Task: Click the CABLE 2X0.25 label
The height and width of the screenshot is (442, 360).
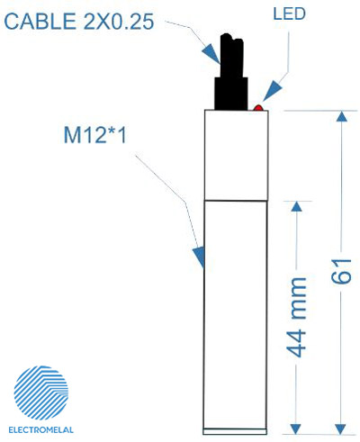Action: pyautogui.click(x=79, y=22)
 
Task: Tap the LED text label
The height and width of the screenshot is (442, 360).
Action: pyautogui.click(x=289, y=14)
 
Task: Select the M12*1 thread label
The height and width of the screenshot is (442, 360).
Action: pyautogui.click(x=95, y=135)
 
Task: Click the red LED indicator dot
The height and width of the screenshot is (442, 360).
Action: pyautogui.click(x=258, y=108)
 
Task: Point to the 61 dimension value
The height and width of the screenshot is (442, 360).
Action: pyautogui.click(x=341, y=271)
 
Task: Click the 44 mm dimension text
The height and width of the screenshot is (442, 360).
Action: pyautogui.click(x=296, y=317)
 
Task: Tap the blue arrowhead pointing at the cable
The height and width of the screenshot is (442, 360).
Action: pyautogui.click(x=212, y=54)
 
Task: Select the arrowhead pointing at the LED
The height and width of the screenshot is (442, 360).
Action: pyautogui.click(x=273, y=91)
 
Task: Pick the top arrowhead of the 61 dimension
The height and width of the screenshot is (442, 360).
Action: pyautogui.click(x=341, y=117)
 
